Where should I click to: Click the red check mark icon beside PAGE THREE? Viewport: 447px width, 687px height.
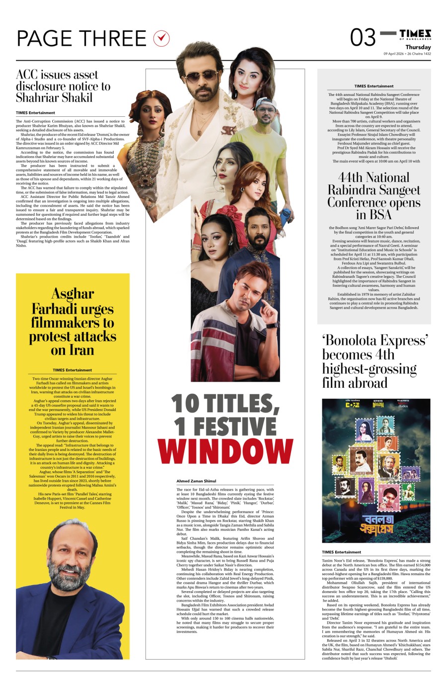(162, 38)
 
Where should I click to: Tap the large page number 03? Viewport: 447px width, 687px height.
(363, 37)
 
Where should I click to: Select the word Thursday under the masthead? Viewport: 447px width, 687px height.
(418, 47)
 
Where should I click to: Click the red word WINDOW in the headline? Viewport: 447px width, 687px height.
(226, 451)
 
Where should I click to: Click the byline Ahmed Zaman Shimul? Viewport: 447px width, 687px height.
(197, 481)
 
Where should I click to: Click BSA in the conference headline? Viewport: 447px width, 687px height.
(380, 215)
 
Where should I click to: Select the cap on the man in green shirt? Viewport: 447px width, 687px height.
(270, 102)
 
